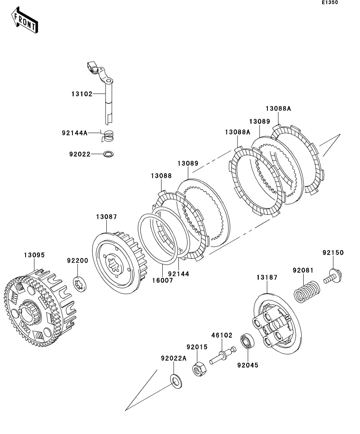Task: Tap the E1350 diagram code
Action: (330, 2)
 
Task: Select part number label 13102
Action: (82, 94)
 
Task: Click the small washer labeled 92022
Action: (108, 154)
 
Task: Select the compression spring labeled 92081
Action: (307, 292)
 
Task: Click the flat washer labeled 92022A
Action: (176, 381)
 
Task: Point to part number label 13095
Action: (34, 255)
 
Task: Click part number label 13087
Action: (106, 217)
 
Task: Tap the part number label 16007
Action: (162, 281)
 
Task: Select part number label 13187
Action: (267, 277)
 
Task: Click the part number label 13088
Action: (161, 176)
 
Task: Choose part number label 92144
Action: (178, 274)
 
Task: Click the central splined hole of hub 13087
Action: (114, 264)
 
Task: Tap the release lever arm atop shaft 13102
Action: (99, 72)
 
